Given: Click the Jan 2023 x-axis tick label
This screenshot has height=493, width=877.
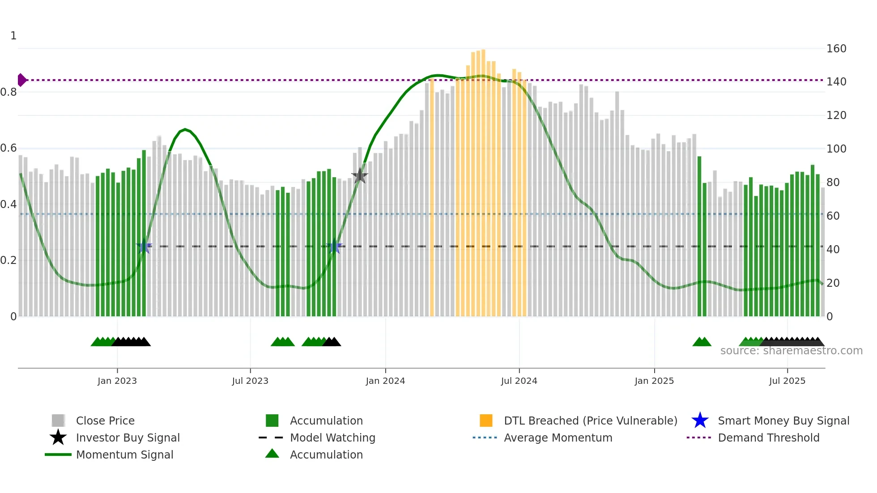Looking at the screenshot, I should click(x=117, y=381).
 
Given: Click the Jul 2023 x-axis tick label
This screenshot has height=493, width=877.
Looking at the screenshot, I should click(x=250, y=381).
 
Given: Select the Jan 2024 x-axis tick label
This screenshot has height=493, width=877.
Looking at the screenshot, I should click(x=385, y=381).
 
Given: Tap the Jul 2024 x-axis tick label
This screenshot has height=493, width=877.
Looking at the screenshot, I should click(x=519, y=381).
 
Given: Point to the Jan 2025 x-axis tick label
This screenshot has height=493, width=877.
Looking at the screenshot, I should click(x=654, y=381).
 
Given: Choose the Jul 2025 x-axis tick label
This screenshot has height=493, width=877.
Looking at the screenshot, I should click(x=787, y=381).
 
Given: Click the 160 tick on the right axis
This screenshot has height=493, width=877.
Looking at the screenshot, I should click(x=836, y=48).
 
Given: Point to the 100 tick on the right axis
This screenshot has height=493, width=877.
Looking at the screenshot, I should click(x=836, y=149).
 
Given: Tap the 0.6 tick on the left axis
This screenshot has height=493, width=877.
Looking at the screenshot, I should click(x=9, y=148).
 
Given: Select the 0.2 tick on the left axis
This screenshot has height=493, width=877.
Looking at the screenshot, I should click(x=9, y=260).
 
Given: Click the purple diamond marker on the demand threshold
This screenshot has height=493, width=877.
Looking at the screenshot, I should click(x=21, y=80).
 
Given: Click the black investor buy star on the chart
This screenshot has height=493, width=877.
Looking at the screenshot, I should click(x=359, y=176).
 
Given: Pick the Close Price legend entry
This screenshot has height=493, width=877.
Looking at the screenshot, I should click(x=105, y=421).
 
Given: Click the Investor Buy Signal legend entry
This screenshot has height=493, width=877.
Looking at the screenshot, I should click(x=128, y=438).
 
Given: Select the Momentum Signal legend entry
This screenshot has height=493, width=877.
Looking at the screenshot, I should click(x=124, y=455).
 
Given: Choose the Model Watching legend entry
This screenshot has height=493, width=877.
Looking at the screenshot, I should click(x=332, y=438).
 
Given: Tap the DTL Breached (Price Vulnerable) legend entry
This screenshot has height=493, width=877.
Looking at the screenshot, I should click(x=590, y=421).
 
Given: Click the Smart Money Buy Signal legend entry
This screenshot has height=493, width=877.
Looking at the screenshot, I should click(x=783, y=421).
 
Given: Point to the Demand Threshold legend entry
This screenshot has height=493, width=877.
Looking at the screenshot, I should click(x=768, y=438).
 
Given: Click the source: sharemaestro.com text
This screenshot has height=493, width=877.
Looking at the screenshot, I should click(x=791, y=351).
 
